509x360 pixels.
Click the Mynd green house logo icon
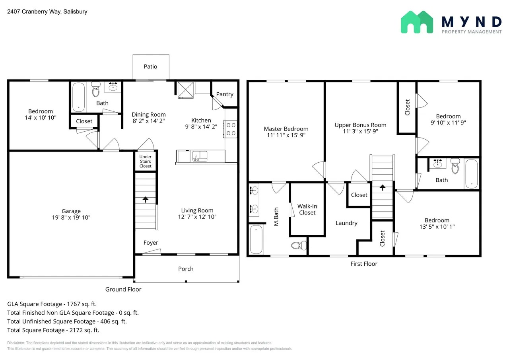417,22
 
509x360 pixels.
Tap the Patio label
150,66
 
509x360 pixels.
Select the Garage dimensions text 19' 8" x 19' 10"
71,218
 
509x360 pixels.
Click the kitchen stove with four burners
231,129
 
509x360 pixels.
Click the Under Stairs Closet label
145,162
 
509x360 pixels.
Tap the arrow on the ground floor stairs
146,200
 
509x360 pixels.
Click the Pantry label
225,94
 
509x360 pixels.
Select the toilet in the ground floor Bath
96,90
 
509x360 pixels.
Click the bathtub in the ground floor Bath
79,97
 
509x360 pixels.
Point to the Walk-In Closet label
307,209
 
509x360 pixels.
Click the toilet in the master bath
298,245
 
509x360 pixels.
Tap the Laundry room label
346,223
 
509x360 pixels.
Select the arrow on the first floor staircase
383,187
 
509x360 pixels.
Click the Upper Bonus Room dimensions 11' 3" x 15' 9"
360,131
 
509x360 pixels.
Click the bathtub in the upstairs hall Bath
472,173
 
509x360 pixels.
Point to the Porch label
186,269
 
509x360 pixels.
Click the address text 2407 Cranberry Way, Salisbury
47,12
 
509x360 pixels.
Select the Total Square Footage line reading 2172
53,330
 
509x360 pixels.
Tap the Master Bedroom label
286,128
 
